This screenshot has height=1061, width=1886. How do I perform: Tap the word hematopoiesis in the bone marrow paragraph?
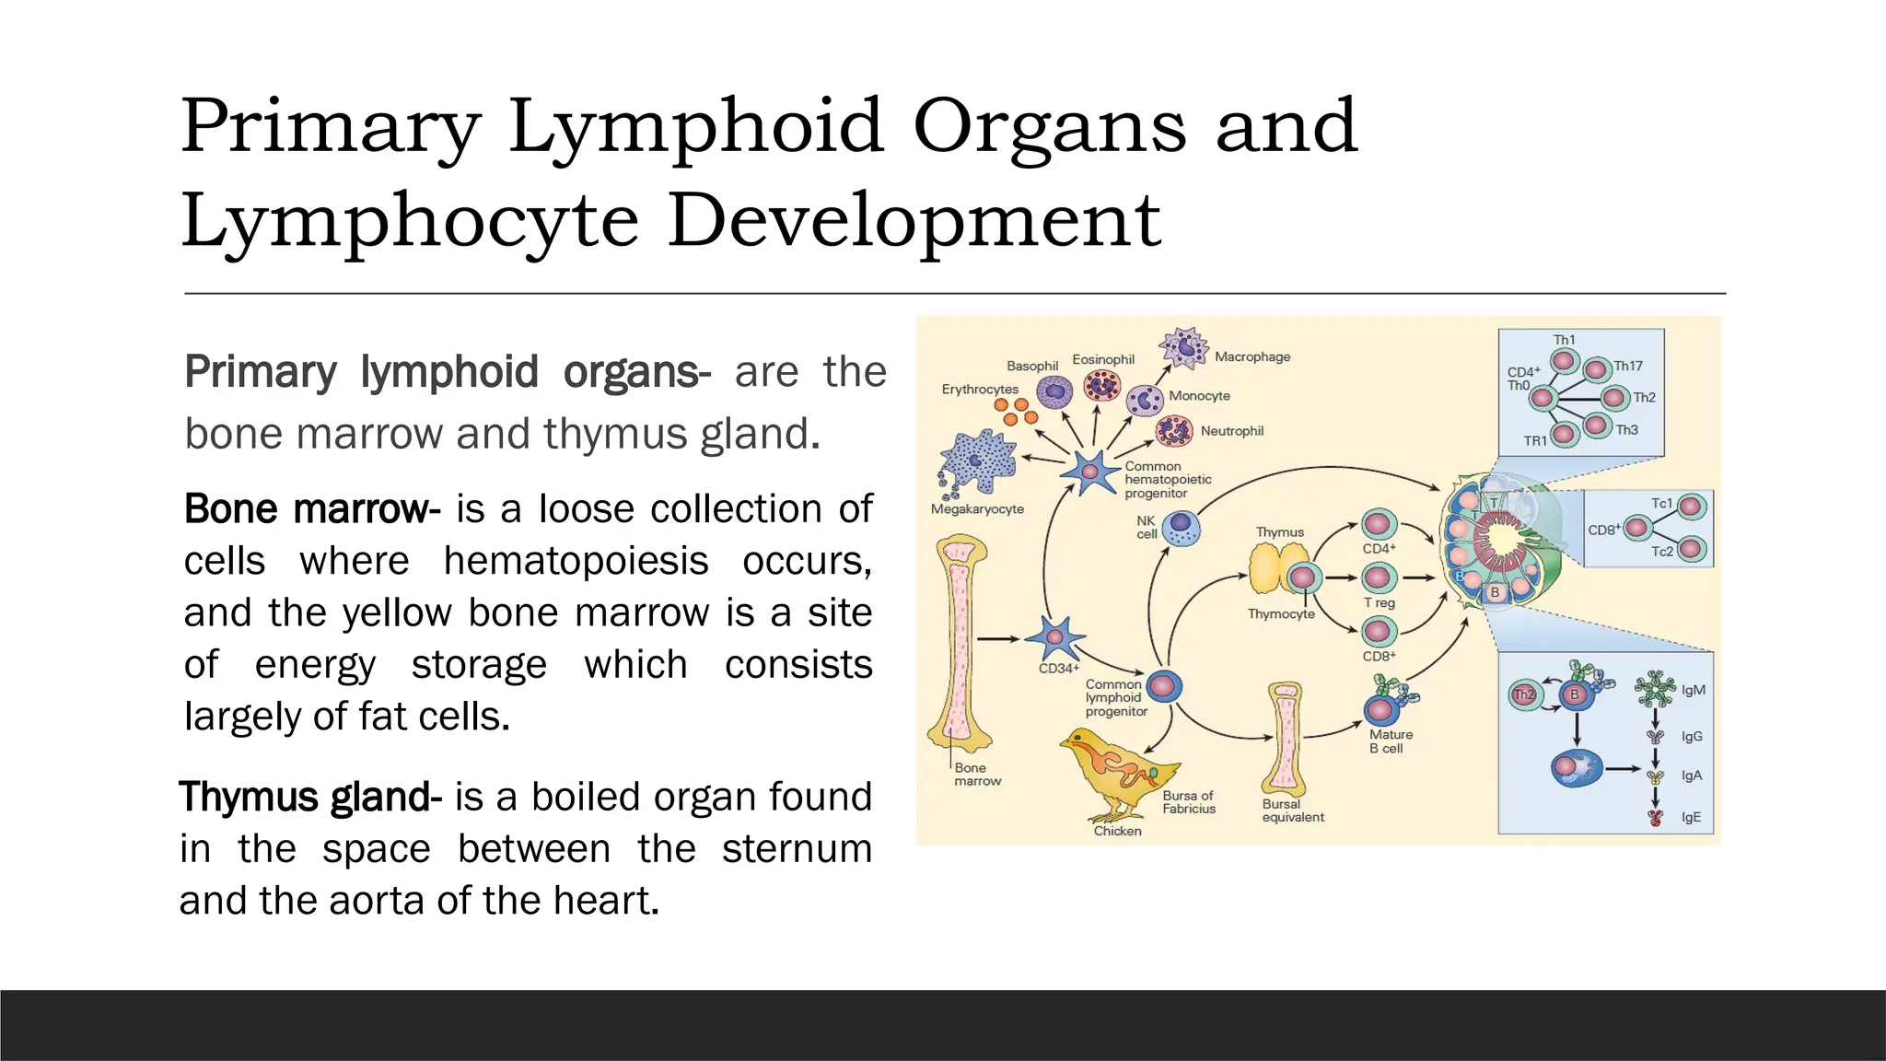click(576, 561)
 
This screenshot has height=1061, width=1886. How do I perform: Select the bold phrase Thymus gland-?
click(310, 797)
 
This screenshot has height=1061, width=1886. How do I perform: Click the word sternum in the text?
click(796, 848)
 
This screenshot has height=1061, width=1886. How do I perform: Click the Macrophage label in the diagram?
click(1252, 356)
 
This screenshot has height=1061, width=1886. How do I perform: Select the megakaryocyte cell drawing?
click(977, 461)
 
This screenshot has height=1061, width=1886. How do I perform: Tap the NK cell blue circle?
click(1181, 529)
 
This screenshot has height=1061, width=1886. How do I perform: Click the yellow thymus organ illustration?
click(1272, 568)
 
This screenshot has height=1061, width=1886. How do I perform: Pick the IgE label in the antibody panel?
click(1691, 817)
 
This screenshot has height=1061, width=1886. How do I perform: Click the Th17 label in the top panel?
click(1628, 366)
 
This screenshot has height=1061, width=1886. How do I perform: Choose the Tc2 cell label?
click(1662, 551)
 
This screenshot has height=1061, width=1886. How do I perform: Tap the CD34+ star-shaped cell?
click(1055, 638)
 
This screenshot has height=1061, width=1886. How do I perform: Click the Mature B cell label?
click(1391, 741)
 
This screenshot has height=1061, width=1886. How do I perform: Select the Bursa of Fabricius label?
click(1188, 802)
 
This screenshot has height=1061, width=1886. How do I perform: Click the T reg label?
click(1379, 602)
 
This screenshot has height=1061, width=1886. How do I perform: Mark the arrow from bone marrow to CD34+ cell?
click(998, 638)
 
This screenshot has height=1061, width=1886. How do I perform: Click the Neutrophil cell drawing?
click(1174, 431)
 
